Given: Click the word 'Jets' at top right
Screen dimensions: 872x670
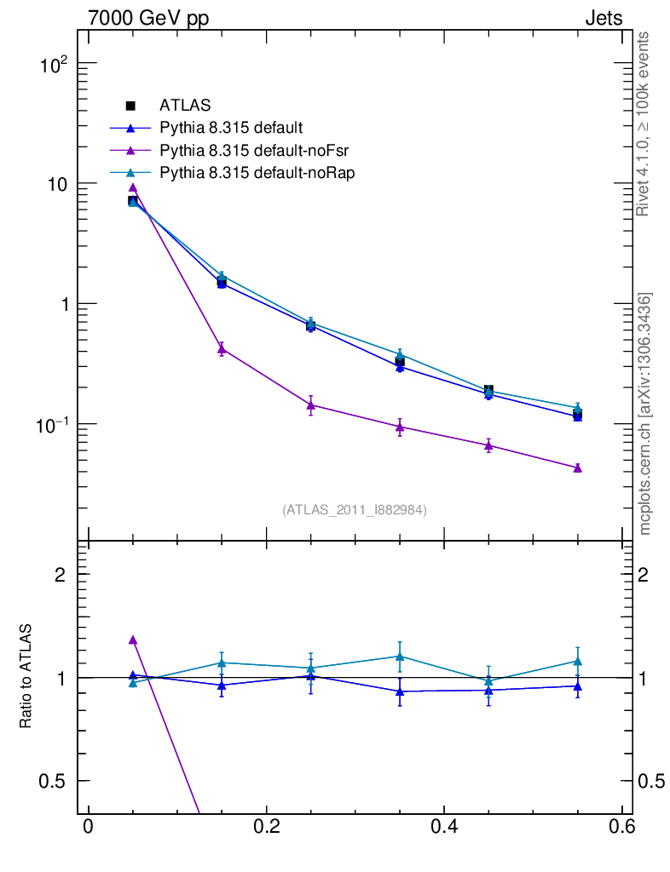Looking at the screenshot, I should (603, 19).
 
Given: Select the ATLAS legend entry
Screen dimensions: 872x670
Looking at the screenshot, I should (185, 106).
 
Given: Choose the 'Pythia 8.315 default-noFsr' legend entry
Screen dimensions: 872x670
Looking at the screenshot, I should (254, 150).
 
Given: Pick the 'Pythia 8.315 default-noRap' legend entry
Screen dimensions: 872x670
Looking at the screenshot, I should (257, 172).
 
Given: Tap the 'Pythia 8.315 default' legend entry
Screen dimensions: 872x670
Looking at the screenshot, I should (231, 128).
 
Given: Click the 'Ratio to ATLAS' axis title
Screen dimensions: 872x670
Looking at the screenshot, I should (26, 676).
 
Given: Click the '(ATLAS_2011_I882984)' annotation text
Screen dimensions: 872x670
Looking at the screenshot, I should (355, 510).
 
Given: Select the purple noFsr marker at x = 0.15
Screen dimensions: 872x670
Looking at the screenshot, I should (222, 348).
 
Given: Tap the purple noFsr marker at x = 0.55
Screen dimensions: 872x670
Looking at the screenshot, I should (577, 468).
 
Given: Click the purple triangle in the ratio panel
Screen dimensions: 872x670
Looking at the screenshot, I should (132, 640).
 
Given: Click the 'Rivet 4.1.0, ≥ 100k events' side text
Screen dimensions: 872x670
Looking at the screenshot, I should (644, 124).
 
